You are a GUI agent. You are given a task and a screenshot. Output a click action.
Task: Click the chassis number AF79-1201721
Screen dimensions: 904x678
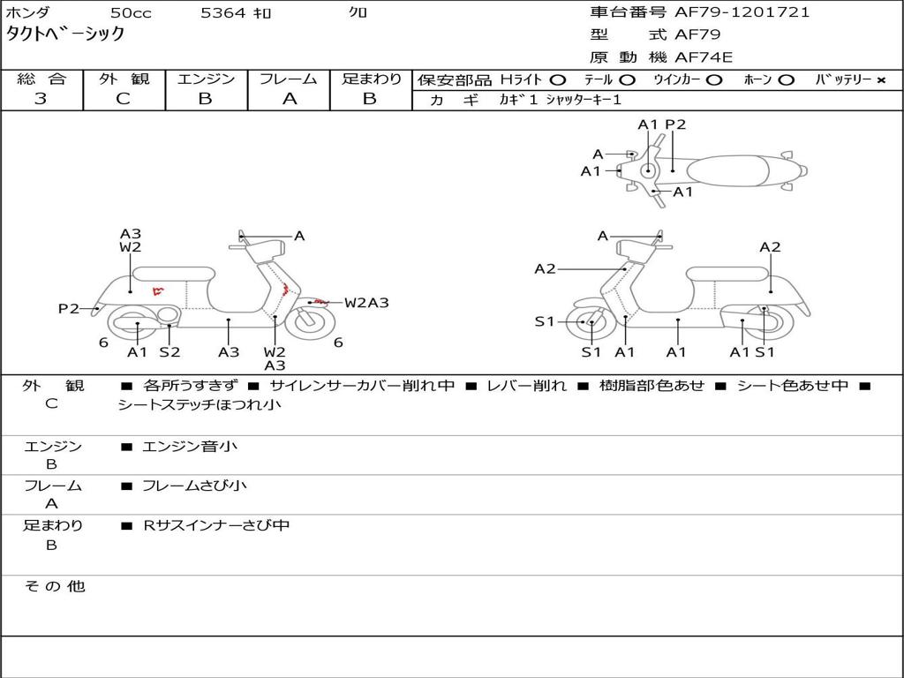tap(742, 12)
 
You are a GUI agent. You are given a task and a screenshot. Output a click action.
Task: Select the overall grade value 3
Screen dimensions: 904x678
tap(41, 99)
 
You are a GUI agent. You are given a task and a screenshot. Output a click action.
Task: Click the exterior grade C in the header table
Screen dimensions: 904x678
tap(123, 99)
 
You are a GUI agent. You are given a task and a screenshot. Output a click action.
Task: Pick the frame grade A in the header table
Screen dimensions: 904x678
tap(290, 99)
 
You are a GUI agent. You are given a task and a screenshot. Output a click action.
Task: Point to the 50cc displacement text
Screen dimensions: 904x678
tap(131, 12)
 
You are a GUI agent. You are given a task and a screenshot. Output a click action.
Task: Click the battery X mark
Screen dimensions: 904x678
tap(881, 80)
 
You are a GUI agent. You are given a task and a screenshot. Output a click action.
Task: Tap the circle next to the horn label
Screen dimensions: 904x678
tap(786, 80)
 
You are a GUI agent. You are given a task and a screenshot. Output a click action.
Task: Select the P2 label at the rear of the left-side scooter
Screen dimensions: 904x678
tap(69, 308)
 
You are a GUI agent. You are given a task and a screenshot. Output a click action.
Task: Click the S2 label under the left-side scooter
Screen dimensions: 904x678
tap(169, 351)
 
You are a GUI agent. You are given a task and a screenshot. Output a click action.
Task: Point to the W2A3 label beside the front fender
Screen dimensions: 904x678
tap(366, 302)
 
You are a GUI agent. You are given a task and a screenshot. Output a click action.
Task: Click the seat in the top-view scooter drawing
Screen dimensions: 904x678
tap(727, 171)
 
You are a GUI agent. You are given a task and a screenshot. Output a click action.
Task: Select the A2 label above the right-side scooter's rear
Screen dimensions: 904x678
tap(770, 247)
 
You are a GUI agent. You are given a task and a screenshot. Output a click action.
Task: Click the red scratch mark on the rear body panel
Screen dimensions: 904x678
tap(158, 290)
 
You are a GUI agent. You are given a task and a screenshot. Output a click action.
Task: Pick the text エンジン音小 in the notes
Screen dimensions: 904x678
tap(189, 446)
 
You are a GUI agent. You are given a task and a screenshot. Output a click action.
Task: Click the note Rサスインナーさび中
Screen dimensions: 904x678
tap(216, 525)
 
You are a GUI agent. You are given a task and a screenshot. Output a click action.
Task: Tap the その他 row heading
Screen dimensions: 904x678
tap(55, 586)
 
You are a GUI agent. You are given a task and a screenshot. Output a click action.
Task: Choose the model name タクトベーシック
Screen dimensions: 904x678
tap(65, 34)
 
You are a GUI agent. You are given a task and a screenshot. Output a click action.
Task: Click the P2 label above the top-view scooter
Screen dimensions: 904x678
tap(675, 124)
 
